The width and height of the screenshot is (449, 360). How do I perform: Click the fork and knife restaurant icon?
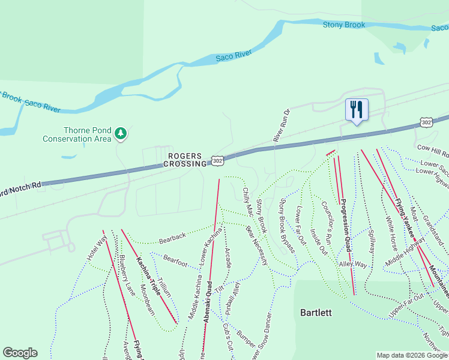[357, 110]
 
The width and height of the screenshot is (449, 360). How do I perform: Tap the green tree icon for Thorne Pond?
[121, 133]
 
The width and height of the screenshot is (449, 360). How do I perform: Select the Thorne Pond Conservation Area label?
[77, 134]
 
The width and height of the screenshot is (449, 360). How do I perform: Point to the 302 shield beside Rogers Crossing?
[217, 161]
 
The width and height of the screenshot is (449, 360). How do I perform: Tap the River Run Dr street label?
[281, 125]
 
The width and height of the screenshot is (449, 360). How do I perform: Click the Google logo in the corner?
[20, 353]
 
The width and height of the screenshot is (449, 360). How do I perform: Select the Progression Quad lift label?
[345, 227]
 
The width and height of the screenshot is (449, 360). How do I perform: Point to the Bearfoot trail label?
[175, 261]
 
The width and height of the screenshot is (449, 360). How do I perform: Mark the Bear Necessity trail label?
[257, 245]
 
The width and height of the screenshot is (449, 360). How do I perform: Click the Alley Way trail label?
[352, 264]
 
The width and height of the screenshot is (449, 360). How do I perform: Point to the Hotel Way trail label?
[97, 247]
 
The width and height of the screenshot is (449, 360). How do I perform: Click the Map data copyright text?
[412, 355]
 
